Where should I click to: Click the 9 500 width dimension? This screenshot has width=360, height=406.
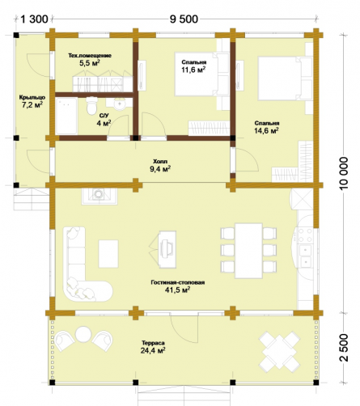pos(184,19)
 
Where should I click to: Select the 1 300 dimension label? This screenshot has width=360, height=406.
pos(34,19)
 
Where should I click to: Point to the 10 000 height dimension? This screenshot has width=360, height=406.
pos(344,174)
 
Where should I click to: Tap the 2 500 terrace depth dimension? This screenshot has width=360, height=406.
pos(344,348)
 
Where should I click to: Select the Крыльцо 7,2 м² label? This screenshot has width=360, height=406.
pos(32,101)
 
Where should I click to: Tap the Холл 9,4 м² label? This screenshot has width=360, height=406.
pos(160,165)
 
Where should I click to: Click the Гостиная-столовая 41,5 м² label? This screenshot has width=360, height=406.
pos(178,286)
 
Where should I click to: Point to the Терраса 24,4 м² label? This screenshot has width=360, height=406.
pos(153,347)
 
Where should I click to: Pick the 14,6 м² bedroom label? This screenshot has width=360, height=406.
pos(267,127)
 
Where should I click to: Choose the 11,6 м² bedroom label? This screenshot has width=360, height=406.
pos(194,66)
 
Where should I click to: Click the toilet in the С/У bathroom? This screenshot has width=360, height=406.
pos(92,106)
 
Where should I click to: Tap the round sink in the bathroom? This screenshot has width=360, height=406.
pos(120,104)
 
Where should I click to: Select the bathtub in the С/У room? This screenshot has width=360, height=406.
pos(66,116)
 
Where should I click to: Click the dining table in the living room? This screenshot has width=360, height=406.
pos(248,251)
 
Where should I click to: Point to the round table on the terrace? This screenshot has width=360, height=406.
pos(83,334)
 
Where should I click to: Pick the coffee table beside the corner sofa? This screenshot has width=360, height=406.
pos(108,254)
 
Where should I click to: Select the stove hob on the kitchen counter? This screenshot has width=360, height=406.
pos(305,235)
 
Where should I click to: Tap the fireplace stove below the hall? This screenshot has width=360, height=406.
pos(100,196)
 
